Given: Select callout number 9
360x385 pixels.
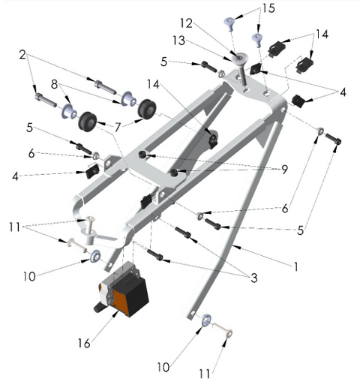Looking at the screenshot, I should (x=284, y=170).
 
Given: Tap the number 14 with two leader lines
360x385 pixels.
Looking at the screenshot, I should (x=322, y=34).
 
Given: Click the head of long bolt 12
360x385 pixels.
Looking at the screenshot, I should (x=238, y=58).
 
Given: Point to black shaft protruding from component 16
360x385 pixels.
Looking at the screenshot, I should (x=97, y=306).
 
